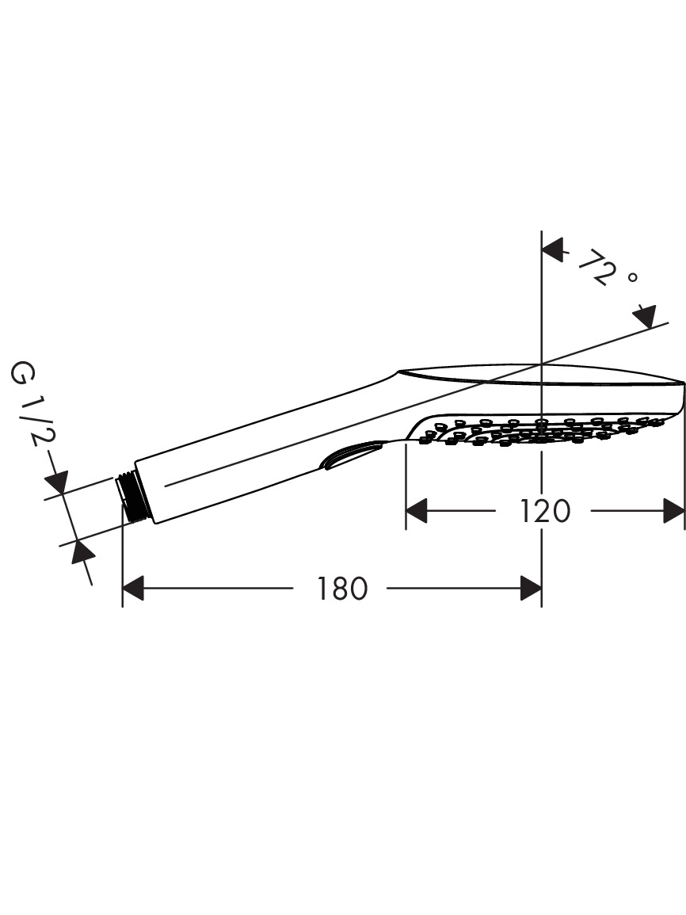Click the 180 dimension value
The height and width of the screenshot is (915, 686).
point(342,588)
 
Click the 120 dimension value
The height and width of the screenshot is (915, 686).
point(544,511)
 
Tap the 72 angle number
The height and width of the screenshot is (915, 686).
point(597,267)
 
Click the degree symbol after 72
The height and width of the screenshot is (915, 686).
point(632,278)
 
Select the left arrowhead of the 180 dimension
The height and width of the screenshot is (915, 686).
point(133,588)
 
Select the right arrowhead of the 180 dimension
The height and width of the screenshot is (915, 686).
point(531,588)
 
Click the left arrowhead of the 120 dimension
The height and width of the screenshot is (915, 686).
point(417,511)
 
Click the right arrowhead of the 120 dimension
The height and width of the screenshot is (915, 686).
point(674,511)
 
